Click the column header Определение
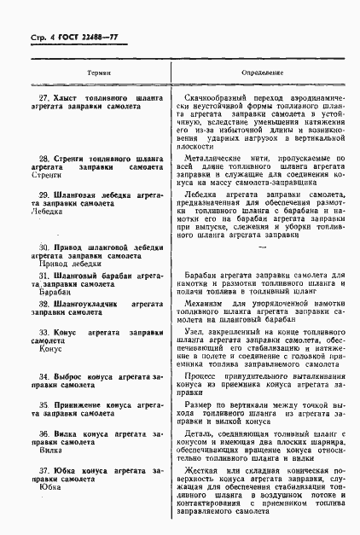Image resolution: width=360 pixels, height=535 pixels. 264,74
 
